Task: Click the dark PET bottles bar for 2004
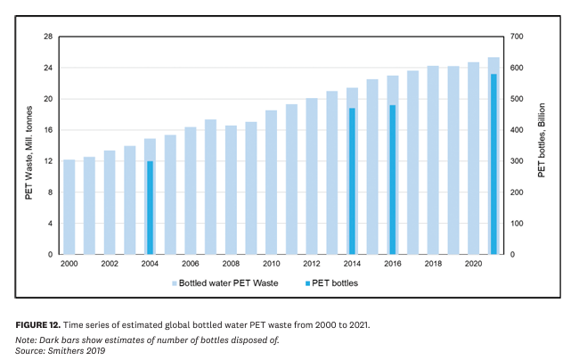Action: point(150,208)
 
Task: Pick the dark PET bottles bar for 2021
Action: point(493,164)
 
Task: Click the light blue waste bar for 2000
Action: point(69,207)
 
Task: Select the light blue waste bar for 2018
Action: point(433,160)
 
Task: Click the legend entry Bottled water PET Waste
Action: point(228,282)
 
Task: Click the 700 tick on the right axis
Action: point(517,37)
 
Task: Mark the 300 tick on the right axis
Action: point(517,161)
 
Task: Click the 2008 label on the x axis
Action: point(231,265)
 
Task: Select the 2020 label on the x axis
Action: point(473,265)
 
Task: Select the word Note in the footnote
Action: point(25,340)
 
